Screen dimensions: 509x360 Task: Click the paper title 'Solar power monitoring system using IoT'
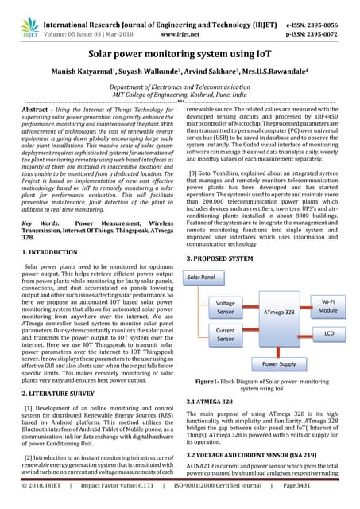tap(179, 57)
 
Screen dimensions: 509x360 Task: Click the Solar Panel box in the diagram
tap(201, 278)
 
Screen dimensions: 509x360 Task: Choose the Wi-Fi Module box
tap(328, 307)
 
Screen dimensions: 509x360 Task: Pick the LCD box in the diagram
tap(328, 335)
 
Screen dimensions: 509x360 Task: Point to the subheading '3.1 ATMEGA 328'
tap(209, 402)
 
